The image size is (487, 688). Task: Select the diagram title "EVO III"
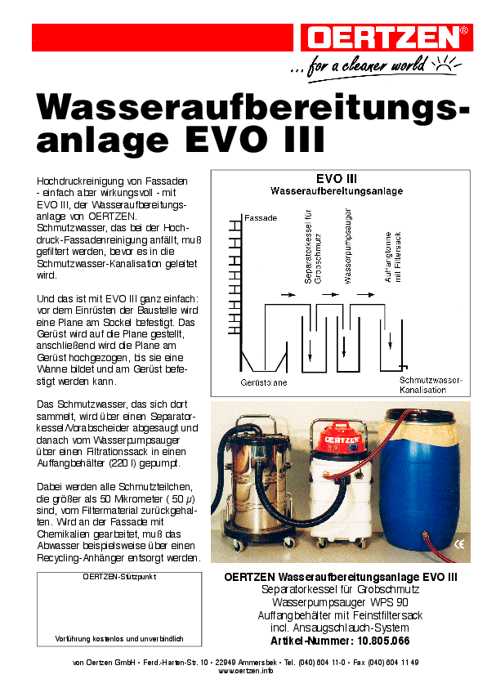(336, 178)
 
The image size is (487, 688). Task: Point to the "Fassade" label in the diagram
(261, 218)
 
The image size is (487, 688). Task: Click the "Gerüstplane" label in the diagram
(264, 382)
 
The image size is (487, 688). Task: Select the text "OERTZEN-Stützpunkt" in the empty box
(119, 577)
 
